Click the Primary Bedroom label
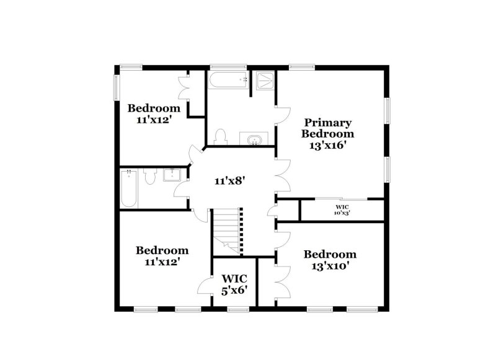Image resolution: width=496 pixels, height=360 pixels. (327, 128)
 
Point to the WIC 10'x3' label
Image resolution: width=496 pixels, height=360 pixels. (343, 209)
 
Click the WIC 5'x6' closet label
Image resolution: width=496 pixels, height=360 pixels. (234, 284)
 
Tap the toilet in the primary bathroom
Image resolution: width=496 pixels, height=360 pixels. (220, 137)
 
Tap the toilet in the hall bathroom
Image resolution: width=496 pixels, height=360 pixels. (149, 177)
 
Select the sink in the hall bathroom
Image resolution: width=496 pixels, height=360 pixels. (170, 175)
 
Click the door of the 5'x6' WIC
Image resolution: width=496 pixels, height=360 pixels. (205, 286)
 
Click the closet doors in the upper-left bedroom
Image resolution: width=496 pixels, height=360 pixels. (184, 88)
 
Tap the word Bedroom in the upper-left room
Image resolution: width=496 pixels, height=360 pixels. (154, 108)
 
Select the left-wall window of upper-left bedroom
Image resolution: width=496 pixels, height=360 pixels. (115, 86)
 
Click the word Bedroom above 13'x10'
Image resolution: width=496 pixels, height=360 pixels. (330, 254)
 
